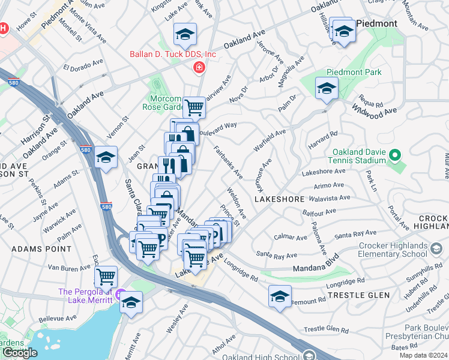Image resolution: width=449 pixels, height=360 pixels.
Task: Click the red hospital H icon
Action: coord(4,28)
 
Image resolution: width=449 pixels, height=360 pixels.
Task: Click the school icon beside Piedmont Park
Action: coord(327,89)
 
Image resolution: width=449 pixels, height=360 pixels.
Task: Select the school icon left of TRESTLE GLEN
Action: coord(280,296)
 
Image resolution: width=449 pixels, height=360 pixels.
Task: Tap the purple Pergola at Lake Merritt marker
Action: coord(121,295)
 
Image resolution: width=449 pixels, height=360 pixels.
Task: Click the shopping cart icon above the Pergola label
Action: coord(106,277)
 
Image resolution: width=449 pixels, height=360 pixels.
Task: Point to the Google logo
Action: coord(20,353)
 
